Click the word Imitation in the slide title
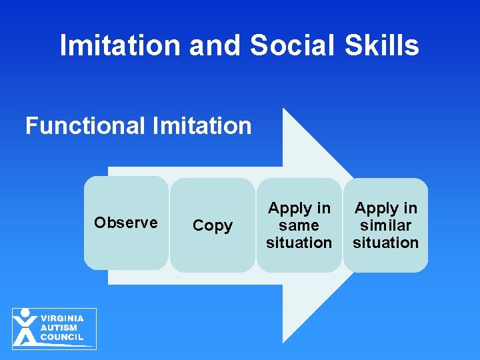tap(120, 46)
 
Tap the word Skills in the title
tap(383, 46)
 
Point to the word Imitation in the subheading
tap(204, 125)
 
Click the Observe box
tap(126, 223)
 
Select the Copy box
tap(212, 225)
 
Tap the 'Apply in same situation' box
tap(299, 225)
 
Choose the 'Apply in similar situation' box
tap(385, 225)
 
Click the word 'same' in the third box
tap(299, 225)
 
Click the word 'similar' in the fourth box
tap(385, 225)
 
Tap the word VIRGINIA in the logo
tap(62, 319)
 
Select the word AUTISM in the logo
tap(59, 328)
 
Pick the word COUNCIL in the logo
tap(62, 337)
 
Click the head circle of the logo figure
tap(25, 313)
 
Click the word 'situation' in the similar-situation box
tap(385, 243)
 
